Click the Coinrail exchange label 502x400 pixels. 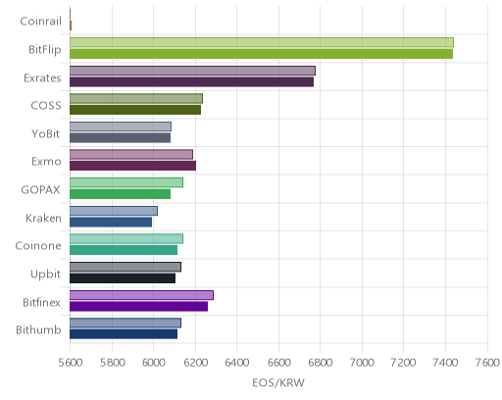pos(40,22)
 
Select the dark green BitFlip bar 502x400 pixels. pos(261,54)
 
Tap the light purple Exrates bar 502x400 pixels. pos(192,71)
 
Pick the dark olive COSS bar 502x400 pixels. pos(135,110)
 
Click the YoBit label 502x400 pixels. pos(46,134)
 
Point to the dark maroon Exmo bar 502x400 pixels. pos(132,166)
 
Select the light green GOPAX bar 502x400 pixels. pos(126,182)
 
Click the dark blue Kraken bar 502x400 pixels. pos(111,223)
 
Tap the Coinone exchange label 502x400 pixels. pos(38,246)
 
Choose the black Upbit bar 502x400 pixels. pos(123,278)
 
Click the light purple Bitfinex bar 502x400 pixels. pos(141,295)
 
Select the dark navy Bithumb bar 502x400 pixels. pos(124,334)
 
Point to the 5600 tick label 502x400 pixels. pos(71,363)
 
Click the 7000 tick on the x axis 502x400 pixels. pos(362,363)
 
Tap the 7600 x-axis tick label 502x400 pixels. pos(487,363)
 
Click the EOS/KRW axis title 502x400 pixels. pos(278,382)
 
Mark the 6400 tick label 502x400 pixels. pos(237,363)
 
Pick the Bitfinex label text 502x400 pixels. pos(41,303)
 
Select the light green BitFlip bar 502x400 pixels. pos(262,42)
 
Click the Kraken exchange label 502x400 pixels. pos(43,219)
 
